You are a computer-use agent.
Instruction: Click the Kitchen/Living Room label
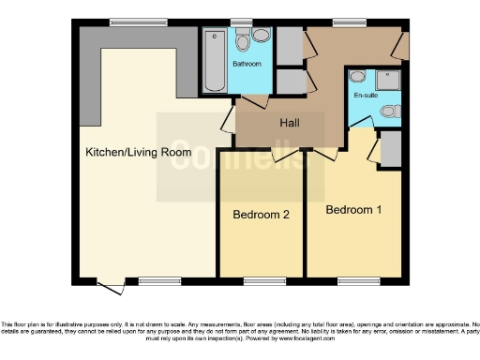tap(138, 152)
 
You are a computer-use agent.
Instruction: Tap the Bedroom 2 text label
tap(261, 215)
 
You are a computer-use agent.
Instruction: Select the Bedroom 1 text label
tap(353, 209)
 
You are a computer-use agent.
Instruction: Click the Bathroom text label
tap(247, 63)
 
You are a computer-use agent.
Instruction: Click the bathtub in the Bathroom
tap(214, 61)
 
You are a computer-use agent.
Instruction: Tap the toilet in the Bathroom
tap(243, 39)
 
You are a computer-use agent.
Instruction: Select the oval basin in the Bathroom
tap(261, 36)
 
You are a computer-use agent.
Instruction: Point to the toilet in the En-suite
tap(392, 112)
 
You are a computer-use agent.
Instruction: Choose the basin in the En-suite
tap(357, 78)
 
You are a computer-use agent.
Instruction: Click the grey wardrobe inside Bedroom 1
tap(392, 147)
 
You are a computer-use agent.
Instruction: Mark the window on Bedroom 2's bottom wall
tap(260, 279)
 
